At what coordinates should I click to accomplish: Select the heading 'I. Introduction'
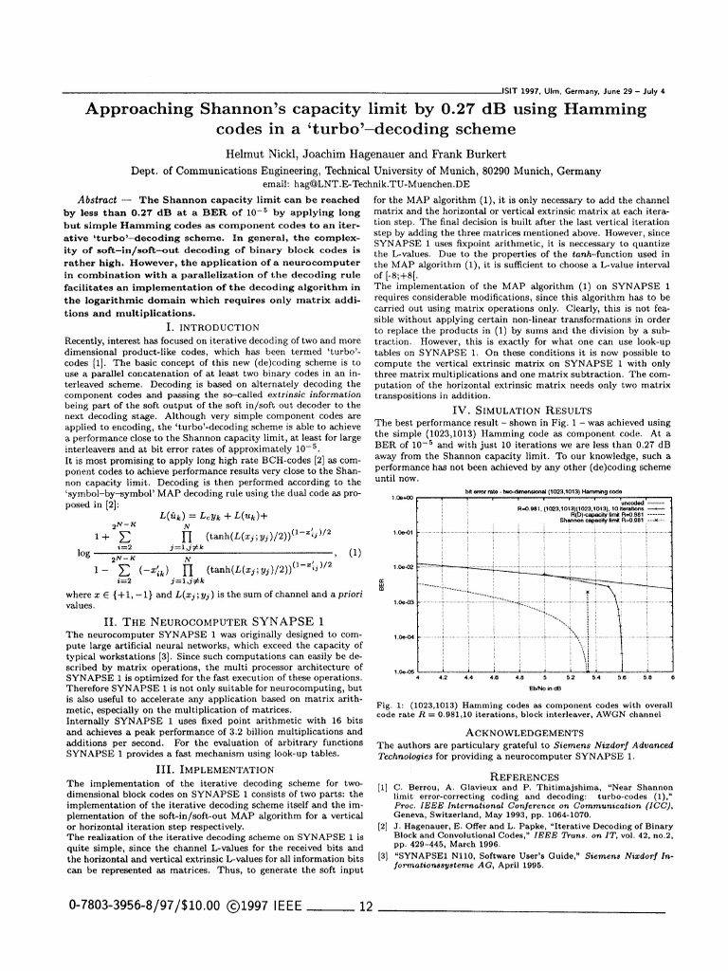pos(212,327)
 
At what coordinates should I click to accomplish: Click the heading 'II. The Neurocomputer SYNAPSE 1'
pos(212,621)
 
